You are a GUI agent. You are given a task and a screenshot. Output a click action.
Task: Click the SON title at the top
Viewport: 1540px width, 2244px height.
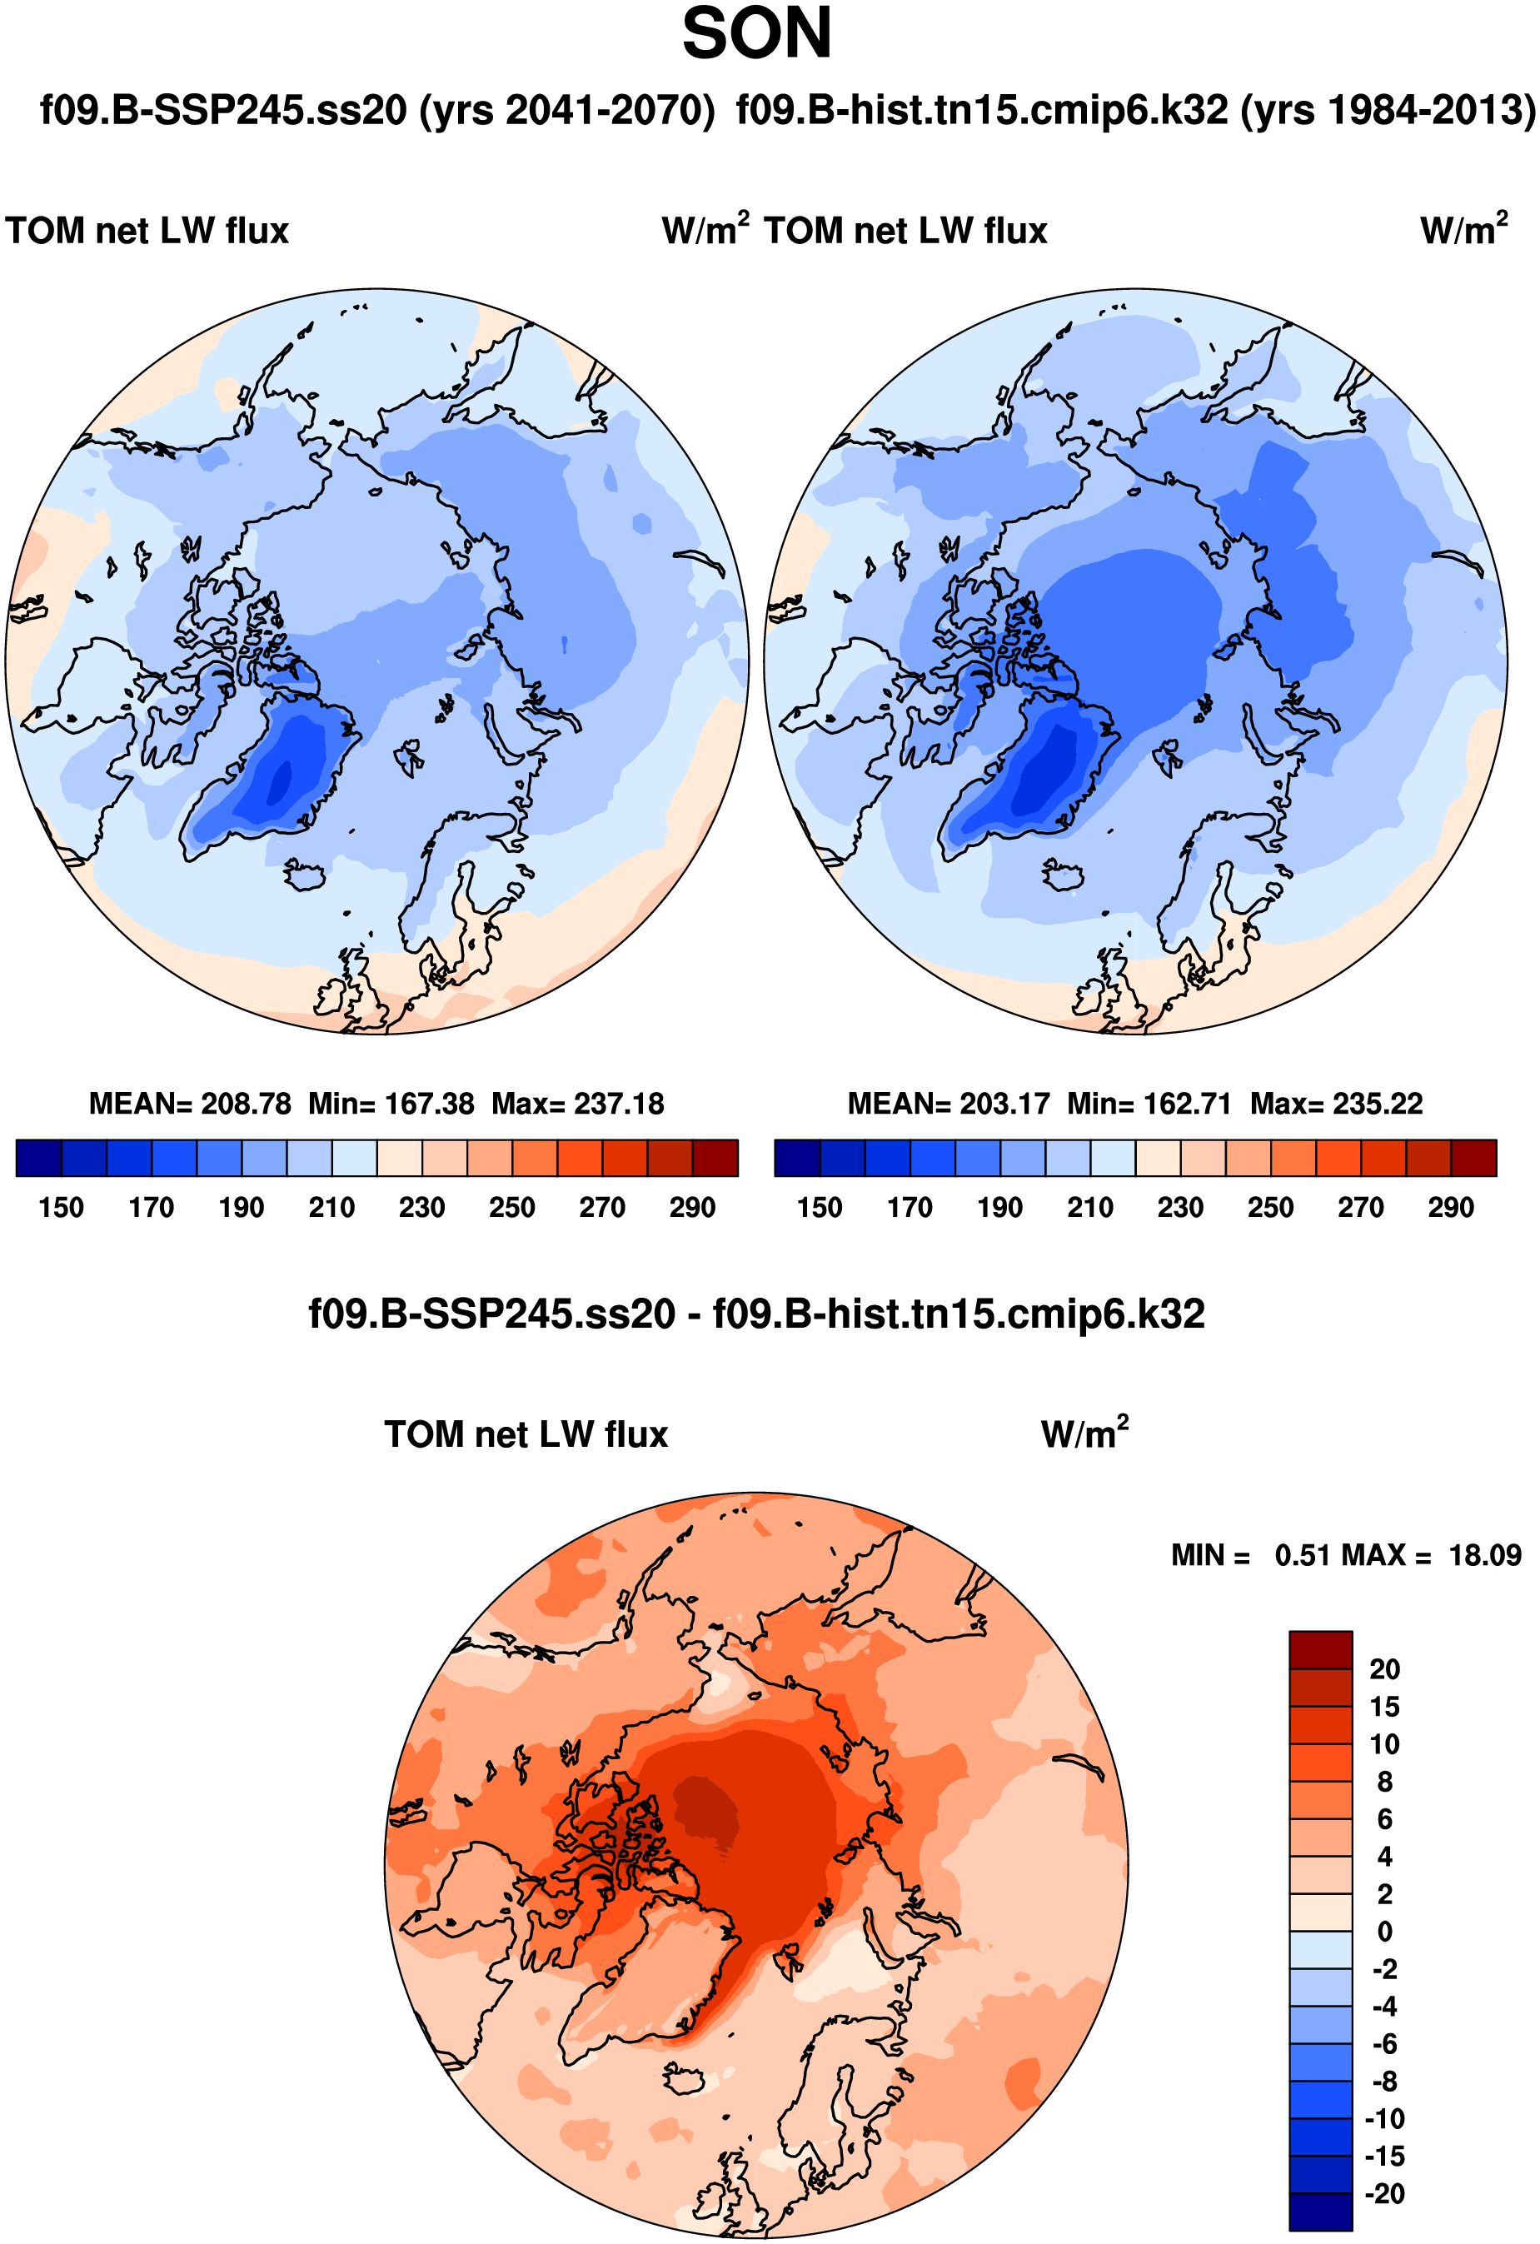pos(756,35)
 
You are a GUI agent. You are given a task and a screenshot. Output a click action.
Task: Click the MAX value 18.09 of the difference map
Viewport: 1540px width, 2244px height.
pos(1485,1555)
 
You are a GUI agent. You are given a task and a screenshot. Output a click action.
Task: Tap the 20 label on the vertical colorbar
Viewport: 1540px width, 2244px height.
pos(1384,1669)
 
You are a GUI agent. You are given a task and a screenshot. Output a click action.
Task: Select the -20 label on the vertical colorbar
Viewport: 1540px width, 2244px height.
pos(1384,2194)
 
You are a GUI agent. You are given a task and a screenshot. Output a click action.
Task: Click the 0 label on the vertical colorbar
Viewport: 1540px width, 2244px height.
pos(1384,1931)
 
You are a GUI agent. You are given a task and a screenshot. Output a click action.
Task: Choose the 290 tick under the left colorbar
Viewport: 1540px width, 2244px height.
pos(692,1208)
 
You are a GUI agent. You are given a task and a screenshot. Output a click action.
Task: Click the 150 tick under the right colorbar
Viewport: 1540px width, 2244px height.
pos(820,1208)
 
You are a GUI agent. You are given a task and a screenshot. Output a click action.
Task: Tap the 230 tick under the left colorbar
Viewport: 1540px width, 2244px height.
pos(422,1208)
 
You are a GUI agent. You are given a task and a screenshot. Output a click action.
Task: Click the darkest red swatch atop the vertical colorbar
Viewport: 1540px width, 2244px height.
pos(1320,1649)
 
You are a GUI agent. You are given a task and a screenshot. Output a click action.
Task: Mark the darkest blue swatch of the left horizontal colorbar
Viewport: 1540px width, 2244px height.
pos(38,1158)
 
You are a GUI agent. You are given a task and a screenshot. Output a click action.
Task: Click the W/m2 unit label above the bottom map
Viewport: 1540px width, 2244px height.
pos(1084,1434)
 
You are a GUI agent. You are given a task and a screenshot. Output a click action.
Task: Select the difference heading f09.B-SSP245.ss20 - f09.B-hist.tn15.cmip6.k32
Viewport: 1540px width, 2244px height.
pos(756,1314)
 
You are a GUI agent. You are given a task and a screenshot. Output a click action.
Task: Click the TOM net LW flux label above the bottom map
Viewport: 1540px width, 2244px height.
pos(526,1435)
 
